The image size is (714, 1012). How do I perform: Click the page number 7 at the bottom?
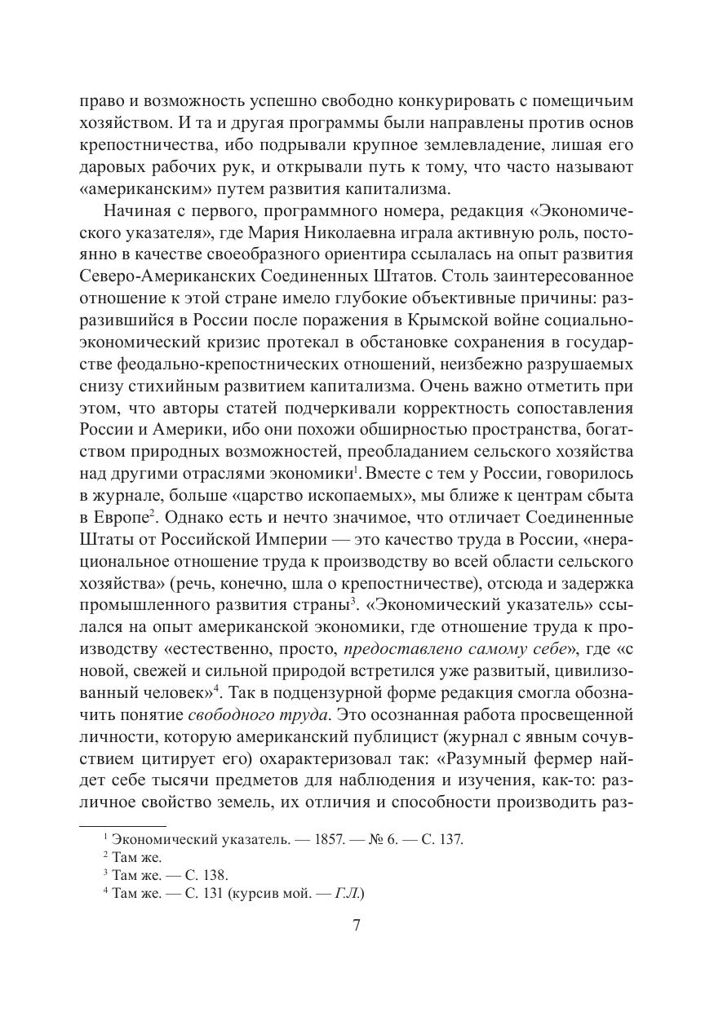point(356,925)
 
